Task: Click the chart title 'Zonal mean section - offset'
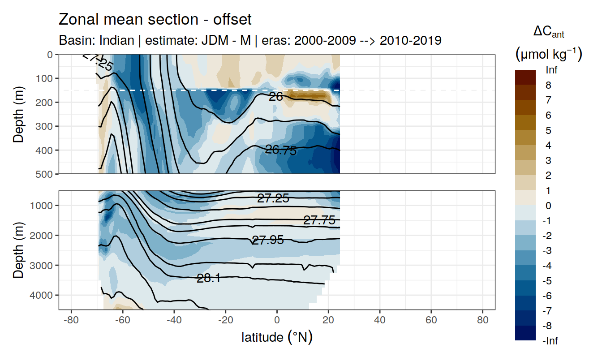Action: pos(155,20)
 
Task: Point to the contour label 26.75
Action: pos(281,150)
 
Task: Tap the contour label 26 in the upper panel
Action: pos(275,96)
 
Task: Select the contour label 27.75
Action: pos(319,220)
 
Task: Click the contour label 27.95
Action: pos(268,240)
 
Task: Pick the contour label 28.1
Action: pos(208,278)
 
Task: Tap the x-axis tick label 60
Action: pos(431,322)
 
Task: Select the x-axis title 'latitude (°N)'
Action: pos(277,337)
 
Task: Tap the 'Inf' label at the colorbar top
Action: pos(551,70)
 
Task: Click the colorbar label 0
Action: pos(548,206)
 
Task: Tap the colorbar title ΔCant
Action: pos(548,32)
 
